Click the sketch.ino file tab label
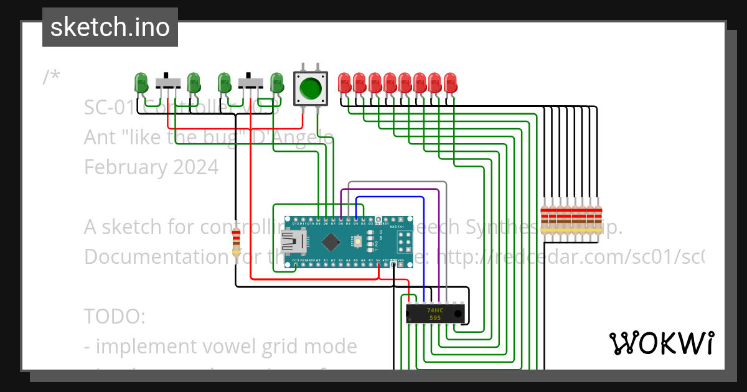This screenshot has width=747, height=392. tap(110, 27)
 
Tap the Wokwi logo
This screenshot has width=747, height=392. tap(661, 343)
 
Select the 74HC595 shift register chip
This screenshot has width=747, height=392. tap(435, 314)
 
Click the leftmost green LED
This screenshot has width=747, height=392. tap(141, 82)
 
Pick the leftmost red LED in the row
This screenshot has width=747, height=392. tap(344, 82)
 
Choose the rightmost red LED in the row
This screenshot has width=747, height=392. tap(450, 82)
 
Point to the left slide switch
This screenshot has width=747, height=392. tap(167, 82)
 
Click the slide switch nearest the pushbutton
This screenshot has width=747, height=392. tap(251, 82)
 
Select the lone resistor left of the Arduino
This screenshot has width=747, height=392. tap(236, 241)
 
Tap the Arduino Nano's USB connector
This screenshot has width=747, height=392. tap(291, 241)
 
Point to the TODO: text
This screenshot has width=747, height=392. tap(115, 316)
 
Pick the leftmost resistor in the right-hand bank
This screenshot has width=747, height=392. tap(545, 218)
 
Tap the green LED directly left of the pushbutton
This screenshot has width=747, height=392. tap(276, 82)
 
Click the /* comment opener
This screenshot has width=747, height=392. tap(51, 77)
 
